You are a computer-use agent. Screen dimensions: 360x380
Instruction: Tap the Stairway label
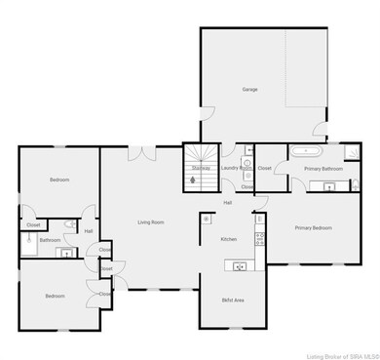(201, 168)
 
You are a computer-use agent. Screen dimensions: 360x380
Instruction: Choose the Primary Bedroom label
(315, 227)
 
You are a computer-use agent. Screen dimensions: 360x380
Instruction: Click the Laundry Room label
(237, 168)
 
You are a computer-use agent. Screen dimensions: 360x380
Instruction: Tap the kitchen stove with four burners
(260, 235)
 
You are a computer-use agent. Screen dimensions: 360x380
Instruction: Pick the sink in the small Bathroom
(67, 253)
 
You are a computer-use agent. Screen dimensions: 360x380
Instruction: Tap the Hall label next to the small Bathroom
(88, 231)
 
